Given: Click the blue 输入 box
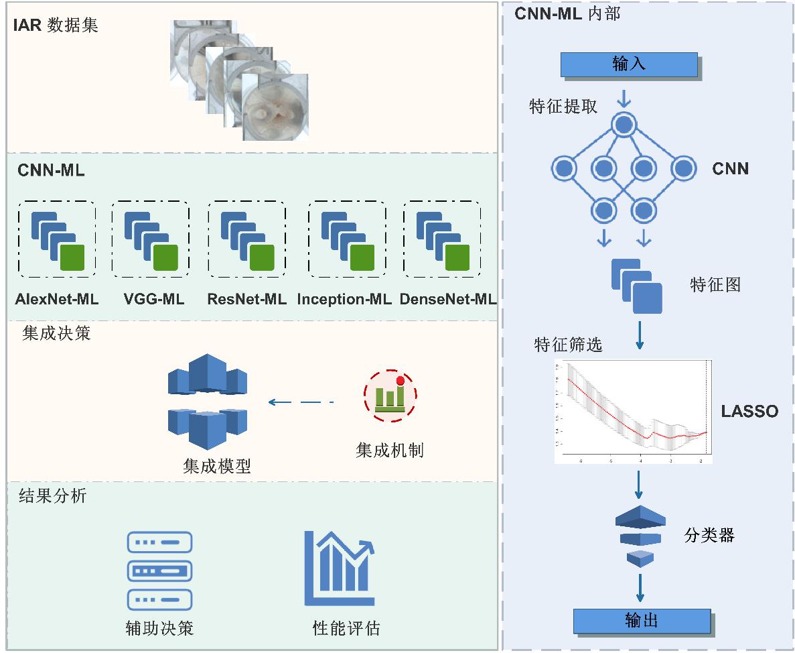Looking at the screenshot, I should click(628, 64).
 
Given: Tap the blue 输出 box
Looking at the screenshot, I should click(641, 620).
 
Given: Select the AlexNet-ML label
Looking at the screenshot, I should click(57, 300).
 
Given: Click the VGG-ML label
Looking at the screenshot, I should click(154, 300).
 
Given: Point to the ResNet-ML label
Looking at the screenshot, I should click(247, 300).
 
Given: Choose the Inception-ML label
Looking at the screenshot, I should click(344, 300).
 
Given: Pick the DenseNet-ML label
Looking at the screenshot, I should click(448, 300).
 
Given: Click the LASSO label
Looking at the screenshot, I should click(749, 412).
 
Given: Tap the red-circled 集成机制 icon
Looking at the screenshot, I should click(390, 395).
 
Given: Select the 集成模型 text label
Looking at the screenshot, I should click(217, 467).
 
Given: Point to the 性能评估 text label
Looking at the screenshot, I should click(346, 628).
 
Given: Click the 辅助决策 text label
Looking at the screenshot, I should click(159, 628).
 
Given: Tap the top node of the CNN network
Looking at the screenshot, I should click(624, 124).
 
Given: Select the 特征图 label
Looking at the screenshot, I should click(715, 285).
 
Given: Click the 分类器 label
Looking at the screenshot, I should click(709, 535).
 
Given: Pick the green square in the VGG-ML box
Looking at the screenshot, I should click(165, 257).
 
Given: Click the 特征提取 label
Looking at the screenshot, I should click(563, 107).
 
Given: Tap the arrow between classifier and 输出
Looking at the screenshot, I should click(640, 588).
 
